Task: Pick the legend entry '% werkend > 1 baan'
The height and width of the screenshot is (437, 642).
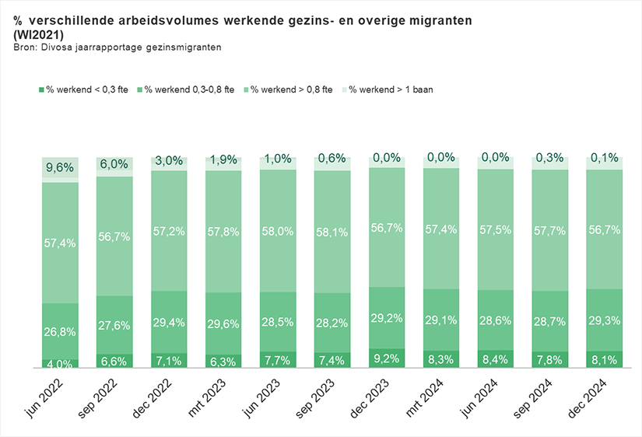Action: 390,89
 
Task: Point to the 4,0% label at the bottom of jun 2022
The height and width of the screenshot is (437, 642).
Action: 60,363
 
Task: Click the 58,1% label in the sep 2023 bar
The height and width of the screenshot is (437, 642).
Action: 332,232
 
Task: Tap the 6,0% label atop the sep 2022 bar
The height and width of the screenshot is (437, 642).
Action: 114,164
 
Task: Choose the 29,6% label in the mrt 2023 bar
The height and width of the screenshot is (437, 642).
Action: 223,325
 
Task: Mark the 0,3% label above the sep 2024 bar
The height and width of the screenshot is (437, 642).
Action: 550,159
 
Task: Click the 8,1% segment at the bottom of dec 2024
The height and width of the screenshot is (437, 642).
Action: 605,359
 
